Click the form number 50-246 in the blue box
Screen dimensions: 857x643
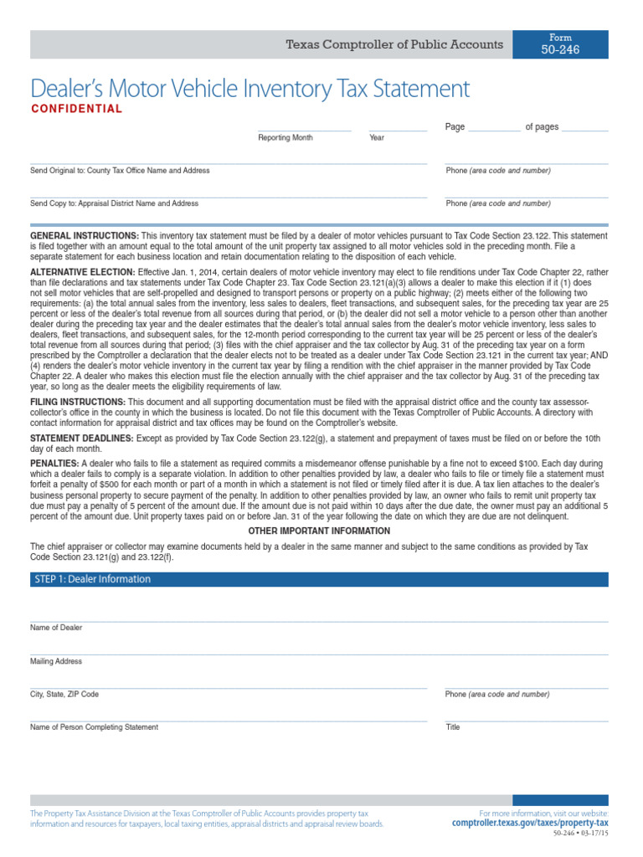(x=560, y=50)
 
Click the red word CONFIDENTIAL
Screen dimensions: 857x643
(x=77, y=109)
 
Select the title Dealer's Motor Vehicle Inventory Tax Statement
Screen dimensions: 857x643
(x=249, y=89)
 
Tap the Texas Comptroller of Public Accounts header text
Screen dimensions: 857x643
(x=394, y=44)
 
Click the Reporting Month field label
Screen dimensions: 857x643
(x=285, y=138)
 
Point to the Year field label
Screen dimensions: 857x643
(x=377, y=138)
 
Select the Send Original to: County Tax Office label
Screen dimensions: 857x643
(x=120, y=171)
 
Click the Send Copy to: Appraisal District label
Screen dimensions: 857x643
(x=114, y=203)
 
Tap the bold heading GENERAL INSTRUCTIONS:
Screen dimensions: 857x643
(x=85, y=237)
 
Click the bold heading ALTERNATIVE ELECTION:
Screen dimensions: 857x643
(x=82, y=273)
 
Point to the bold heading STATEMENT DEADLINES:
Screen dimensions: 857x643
(x=81, y=439)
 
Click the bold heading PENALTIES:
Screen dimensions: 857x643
(x=54, y=463)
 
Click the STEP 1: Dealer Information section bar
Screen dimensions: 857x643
(x=319, y=579)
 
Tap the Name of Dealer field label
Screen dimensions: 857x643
(x=56, y=628)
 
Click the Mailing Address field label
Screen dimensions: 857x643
(x=56, y=661)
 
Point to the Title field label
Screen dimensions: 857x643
(x=453, y=727)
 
